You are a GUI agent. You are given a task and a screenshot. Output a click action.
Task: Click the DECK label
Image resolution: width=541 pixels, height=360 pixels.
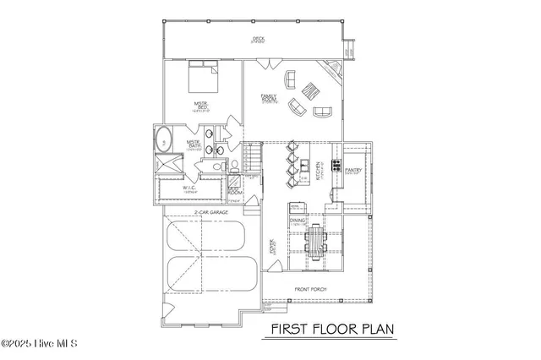click(258, 39)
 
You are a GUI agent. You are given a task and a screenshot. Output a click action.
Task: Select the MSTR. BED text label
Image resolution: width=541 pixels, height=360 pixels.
click(201, 106)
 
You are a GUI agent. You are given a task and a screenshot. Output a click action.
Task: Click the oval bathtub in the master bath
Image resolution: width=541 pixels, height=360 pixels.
click(162, 140)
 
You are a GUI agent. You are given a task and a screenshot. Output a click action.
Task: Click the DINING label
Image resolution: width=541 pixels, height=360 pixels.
click(298, 221)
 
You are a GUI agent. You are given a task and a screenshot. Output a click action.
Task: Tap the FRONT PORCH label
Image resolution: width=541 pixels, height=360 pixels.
click(309, 289)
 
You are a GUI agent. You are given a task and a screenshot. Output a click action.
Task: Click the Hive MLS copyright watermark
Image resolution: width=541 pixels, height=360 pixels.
click(40, 344)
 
